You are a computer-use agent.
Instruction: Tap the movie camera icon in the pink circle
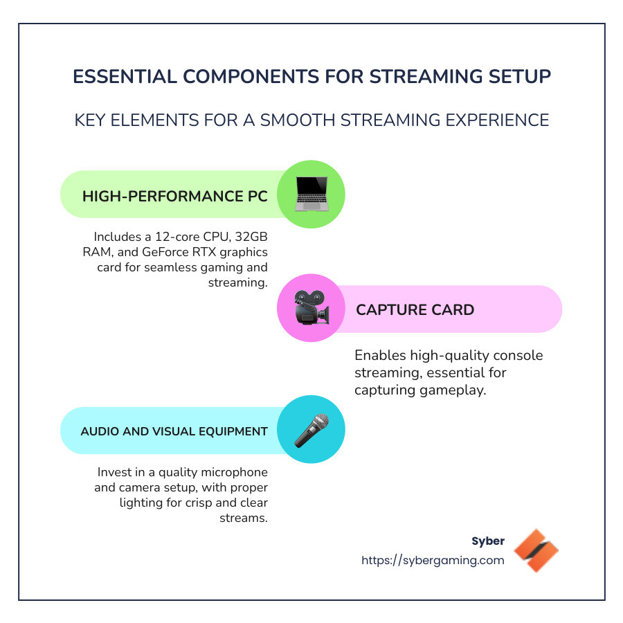click(x=311, y=309)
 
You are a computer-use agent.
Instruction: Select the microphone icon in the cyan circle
click(x=311, y=430)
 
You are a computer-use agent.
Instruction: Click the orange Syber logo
click(x=536, y=550)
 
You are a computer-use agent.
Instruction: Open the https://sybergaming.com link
click(x=433, y=561)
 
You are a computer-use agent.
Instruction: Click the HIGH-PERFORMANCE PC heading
click(x=175, y=196)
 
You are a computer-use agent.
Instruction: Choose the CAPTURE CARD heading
click(x=415, y=309)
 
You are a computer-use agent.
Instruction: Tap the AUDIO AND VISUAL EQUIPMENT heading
click(x=174, y=431)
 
